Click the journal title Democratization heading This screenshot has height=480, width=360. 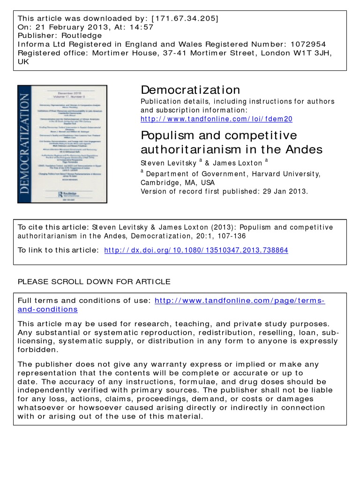point(190,90)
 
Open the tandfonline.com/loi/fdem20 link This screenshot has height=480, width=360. point(216,119)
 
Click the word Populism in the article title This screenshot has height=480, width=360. point(168,136)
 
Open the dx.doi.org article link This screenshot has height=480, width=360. point(196,250)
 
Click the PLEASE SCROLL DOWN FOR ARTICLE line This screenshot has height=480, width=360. point(94,282)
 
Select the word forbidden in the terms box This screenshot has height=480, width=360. point(37,349)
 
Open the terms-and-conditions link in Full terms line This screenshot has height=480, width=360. point(240,300)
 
